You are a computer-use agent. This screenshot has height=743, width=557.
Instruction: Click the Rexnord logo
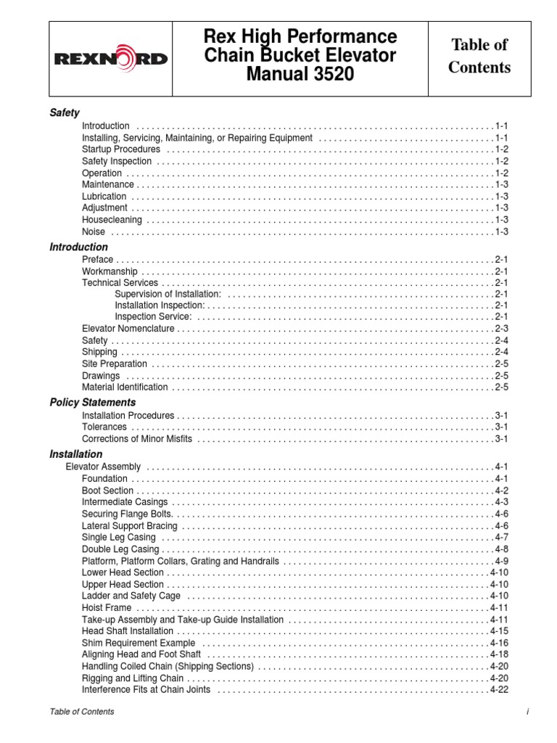pos(110,59)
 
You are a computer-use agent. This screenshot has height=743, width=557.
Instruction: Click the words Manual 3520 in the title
pos(300,74)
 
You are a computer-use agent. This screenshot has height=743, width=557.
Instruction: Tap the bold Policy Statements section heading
pos(92,402)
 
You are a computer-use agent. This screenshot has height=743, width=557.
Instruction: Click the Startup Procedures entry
pos(121,149)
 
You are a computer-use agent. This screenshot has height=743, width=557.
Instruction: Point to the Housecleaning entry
pos(112,220)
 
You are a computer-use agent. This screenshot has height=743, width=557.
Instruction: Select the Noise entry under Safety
pos(94,231)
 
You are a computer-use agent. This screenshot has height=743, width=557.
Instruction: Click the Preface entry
pos(98,259)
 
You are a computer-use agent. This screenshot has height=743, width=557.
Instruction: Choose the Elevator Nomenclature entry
pos(128,329)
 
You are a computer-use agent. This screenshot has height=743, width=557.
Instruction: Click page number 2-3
pos(502,329)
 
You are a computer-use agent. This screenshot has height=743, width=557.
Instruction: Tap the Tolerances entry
pos(104,427)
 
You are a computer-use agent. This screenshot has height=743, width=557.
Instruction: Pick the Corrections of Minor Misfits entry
pos(138,439)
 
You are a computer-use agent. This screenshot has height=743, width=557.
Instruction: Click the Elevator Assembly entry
pos(104,467)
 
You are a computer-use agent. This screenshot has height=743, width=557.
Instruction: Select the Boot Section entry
pos(108,490)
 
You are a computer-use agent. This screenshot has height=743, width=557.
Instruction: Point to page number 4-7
pos(502,537)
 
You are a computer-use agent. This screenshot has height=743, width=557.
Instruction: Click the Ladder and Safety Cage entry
pos(131,596)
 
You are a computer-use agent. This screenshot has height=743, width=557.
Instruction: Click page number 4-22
pos(500,689)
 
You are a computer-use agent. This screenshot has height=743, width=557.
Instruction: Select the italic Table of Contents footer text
pos(81,712)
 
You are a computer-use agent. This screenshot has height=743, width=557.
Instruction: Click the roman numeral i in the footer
pos(528,712)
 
